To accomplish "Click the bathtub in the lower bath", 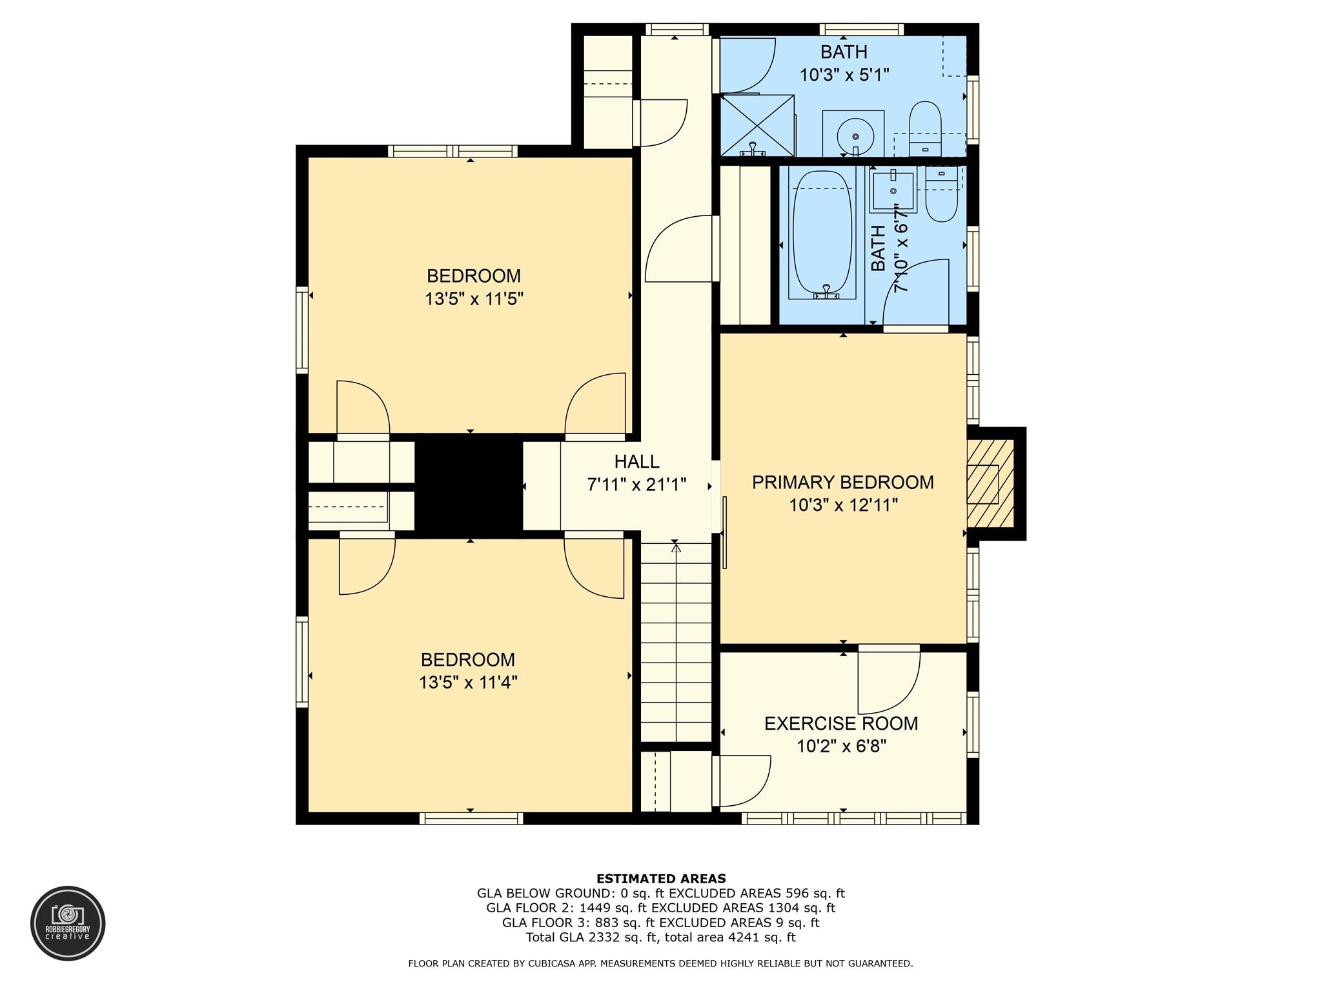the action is point(822,234).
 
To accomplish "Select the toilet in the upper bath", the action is point(925,128).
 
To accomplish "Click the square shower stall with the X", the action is point(757,125).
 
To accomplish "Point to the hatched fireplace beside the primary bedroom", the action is point(990,483).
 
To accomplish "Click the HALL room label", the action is point(636,461).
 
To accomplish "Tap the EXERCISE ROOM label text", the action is point(841,723).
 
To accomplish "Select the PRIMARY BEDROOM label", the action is point(842,482).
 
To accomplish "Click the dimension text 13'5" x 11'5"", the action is point(473,299).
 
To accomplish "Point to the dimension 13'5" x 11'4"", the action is point(468,683).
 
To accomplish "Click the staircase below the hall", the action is point(676,643).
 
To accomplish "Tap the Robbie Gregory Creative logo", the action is point(68,923).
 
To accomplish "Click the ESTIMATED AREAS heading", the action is point(661,879).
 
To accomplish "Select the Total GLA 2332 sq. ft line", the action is point(661,937).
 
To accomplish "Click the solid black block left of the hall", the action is point(468,485).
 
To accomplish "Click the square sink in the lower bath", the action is point(893,191).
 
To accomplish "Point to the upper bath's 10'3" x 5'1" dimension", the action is point(844,75).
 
